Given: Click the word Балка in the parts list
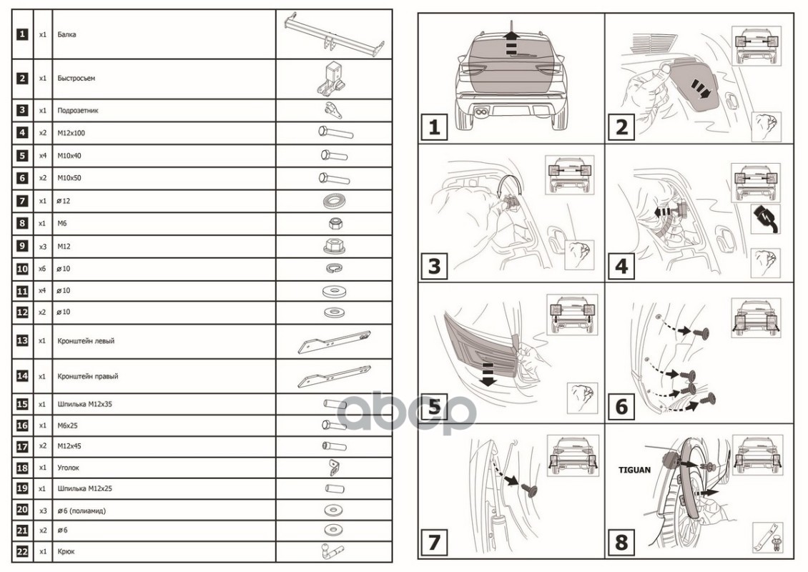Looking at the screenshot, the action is (x=67, y=34).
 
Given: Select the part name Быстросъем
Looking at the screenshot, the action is (x=77, y=79).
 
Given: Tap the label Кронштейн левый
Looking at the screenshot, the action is (x=86, y=341).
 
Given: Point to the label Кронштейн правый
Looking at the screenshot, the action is (x=88, y=376).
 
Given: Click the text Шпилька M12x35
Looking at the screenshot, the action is (x=84, y=404).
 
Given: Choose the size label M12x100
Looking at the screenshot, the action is (x=71, y=133).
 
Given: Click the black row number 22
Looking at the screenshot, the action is (x=22, y=551).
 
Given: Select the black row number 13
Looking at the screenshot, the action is (x=22, y=340).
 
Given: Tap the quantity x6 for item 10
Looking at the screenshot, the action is (x=42, y=269).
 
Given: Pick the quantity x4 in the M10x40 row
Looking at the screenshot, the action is (x=42, y=156).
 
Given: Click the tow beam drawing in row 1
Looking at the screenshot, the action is (x=334, y=34).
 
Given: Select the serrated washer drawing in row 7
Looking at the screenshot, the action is (x=334, y=200).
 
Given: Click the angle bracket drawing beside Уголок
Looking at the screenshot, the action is (x=333, y=468).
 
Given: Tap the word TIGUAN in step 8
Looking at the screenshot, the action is (x=634, y=470).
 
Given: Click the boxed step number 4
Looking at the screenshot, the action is (x=621, y=267).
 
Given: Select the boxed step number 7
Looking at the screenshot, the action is (x=434, y=542).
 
